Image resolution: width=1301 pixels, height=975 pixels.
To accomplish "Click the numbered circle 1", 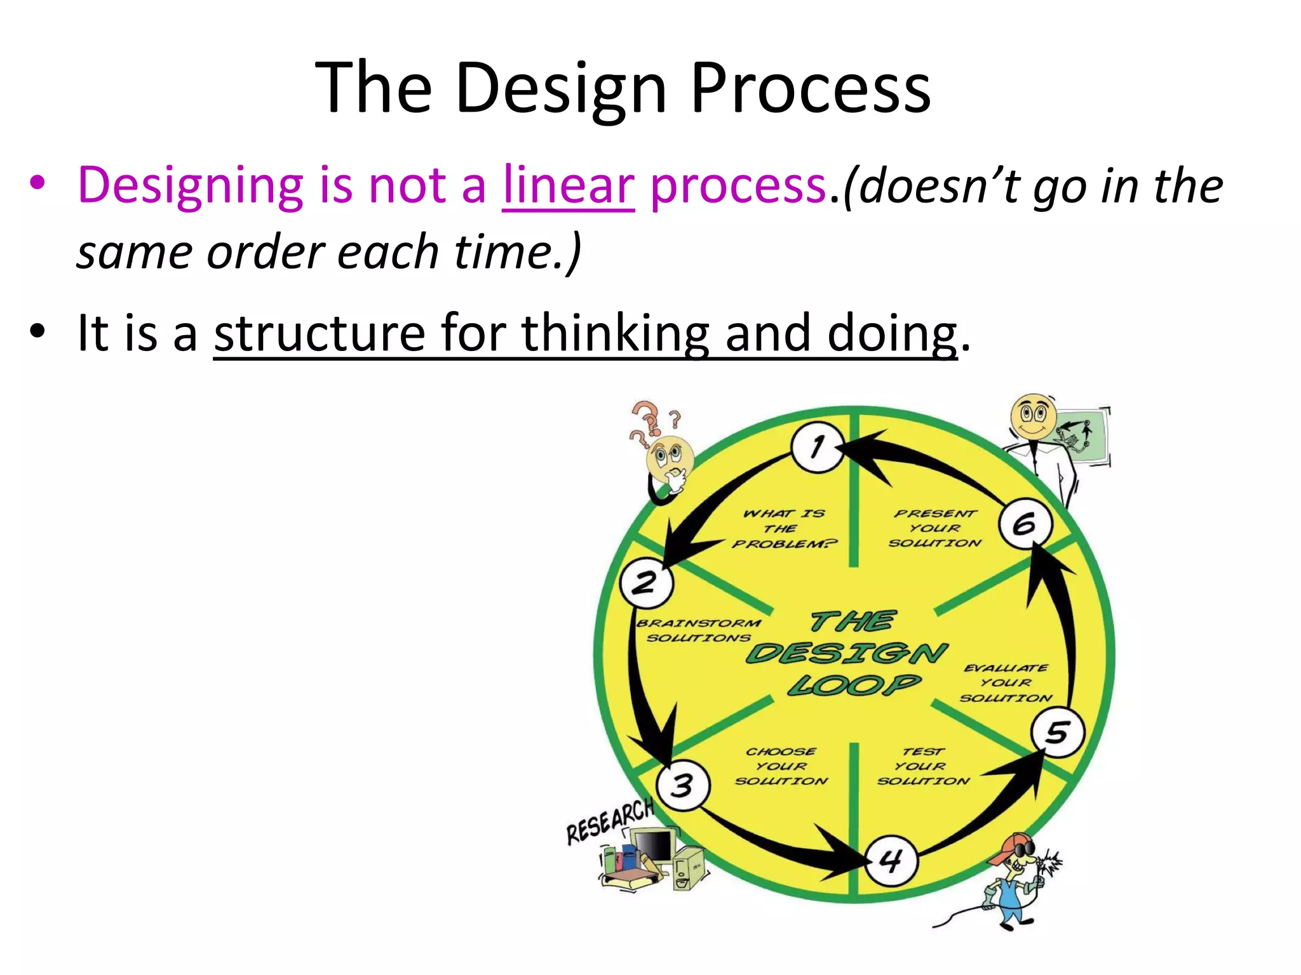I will click(818, 447).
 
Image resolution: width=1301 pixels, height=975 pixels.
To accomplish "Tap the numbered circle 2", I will click(646, 582).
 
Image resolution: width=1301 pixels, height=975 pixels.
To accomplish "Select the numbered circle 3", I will click(682, 786).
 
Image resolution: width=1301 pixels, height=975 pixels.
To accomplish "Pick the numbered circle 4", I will click(891, 861).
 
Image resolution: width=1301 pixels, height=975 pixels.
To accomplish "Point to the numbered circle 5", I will click(1057, 732).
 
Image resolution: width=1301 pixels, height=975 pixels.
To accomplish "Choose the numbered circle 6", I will click(1025, 524).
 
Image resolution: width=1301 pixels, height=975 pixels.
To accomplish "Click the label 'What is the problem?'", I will click(785, 528).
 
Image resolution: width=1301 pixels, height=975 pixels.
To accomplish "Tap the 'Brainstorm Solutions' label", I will click(699, 630).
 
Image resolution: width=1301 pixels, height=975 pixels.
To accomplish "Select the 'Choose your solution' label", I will click(781, 766).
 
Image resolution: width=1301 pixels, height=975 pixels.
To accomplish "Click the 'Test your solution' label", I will click(923, 766).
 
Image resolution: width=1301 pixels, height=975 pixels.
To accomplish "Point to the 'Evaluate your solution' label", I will click(1006, 683).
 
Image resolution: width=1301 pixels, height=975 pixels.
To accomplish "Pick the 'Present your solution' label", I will click(935, 528).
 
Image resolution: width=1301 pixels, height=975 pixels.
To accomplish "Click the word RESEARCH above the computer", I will click(610, 822).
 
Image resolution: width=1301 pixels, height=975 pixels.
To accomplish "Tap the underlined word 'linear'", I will click(568, 185).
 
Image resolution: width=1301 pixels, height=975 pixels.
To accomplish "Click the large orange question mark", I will click(646, 419).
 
